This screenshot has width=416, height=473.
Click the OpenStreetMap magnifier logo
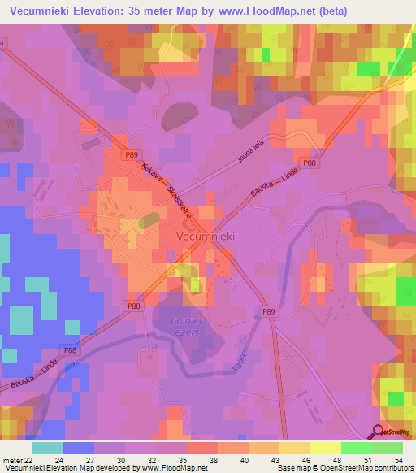click(378, 432)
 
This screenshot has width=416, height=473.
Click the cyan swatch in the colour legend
click(48, 448)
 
